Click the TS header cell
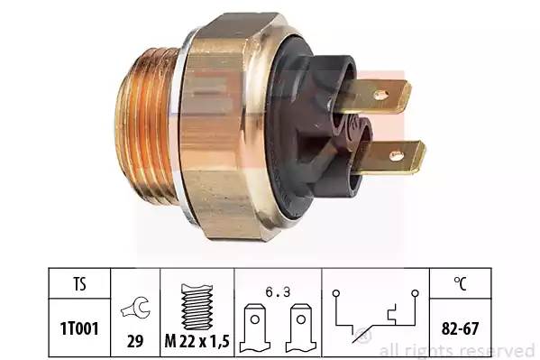pos(79,284)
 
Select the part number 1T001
pos(79,328)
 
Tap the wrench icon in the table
pos(136,308)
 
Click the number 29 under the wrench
pos(135,341)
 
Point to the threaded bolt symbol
pos(197,307)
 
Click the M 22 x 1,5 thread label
pos(197,341)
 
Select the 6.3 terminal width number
pos(278,292)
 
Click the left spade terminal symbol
pos(255,328)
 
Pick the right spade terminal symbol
pos(301,328)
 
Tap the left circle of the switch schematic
pos(336,293)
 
